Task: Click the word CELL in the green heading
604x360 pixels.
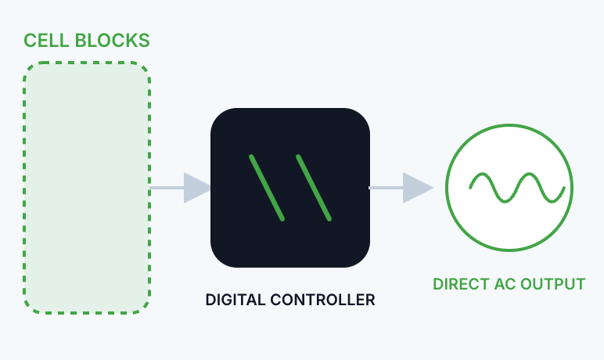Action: coord(42,40)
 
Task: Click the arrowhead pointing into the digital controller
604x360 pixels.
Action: coord(197,188)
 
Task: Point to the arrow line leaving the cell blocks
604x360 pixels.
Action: coord(167,188)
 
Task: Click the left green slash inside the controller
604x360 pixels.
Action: coord(267,187)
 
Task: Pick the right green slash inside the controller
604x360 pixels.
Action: coord(314,187)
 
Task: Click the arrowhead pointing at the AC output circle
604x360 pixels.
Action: coord(417,188)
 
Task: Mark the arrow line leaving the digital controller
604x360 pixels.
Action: coord(386,188)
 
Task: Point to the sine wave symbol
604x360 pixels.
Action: coord(516,188)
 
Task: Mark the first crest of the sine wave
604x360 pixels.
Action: coord(482,176)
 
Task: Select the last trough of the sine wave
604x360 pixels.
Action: coord(552,200)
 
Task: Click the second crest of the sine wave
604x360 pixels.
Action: coord(529,176)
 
